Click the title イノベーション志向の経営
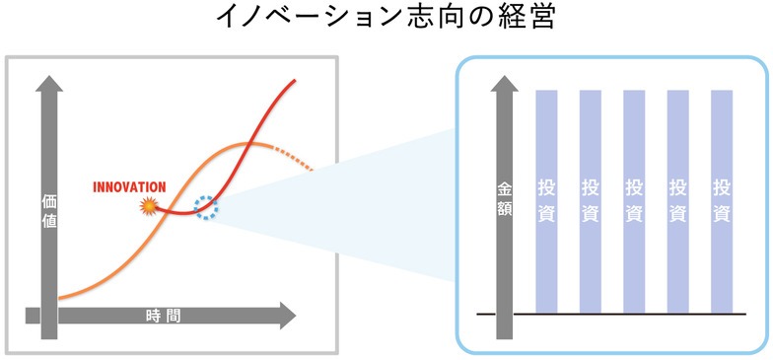386,20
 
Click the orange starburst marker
150,206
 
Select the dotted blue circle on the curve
206,207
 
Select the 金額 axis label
504,199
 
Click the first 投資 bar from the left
546,201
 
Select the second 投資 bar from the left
591,201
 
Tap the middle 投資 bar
634,201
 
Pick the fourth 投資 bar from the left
678,201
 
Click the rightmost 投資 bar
722,201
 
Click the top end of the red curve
296,81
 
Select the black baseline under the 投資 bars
611,315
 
